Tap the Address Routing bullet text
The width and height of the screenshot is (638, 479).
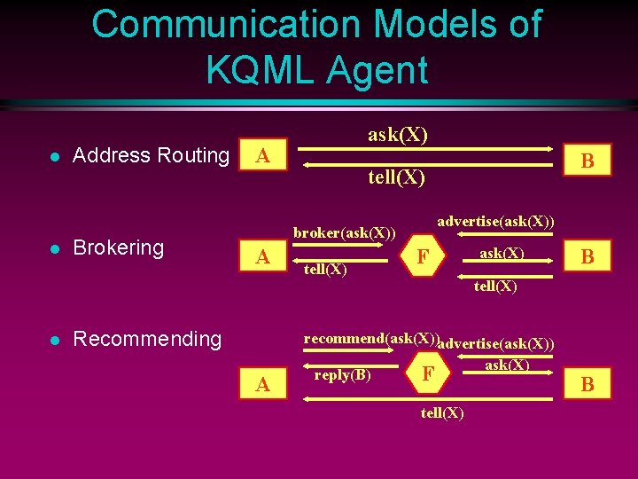(x=151, y=155)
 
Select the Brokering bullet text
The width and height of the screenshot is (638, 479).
(x=118, y=247)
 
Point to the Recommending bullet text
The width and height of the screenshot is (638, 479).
(x=146, y=339)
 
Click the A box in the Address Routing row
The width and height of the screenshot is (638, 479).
(x=262, y=156)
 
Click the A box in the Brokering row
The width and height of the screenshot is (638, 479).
(x=262, y=257)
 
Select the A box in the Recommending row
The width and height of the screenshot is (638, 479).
(x=262, y=384)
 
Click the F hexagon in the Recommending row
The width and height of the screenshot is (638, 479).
(x=427, y=374)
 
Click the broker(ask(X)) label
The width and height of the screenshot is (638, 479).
(x=345, y=233)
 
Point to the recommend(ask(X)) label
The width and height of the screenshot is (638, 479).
(x=370, y=338)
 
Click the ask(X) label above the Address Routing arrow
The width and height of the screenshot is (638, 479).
(x=398, y=135)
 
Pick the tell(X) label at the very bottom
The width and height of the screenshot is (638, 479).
(x=442, y=412)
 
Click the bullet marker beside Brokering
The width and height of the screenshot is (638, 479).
(x=54, y=248)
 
